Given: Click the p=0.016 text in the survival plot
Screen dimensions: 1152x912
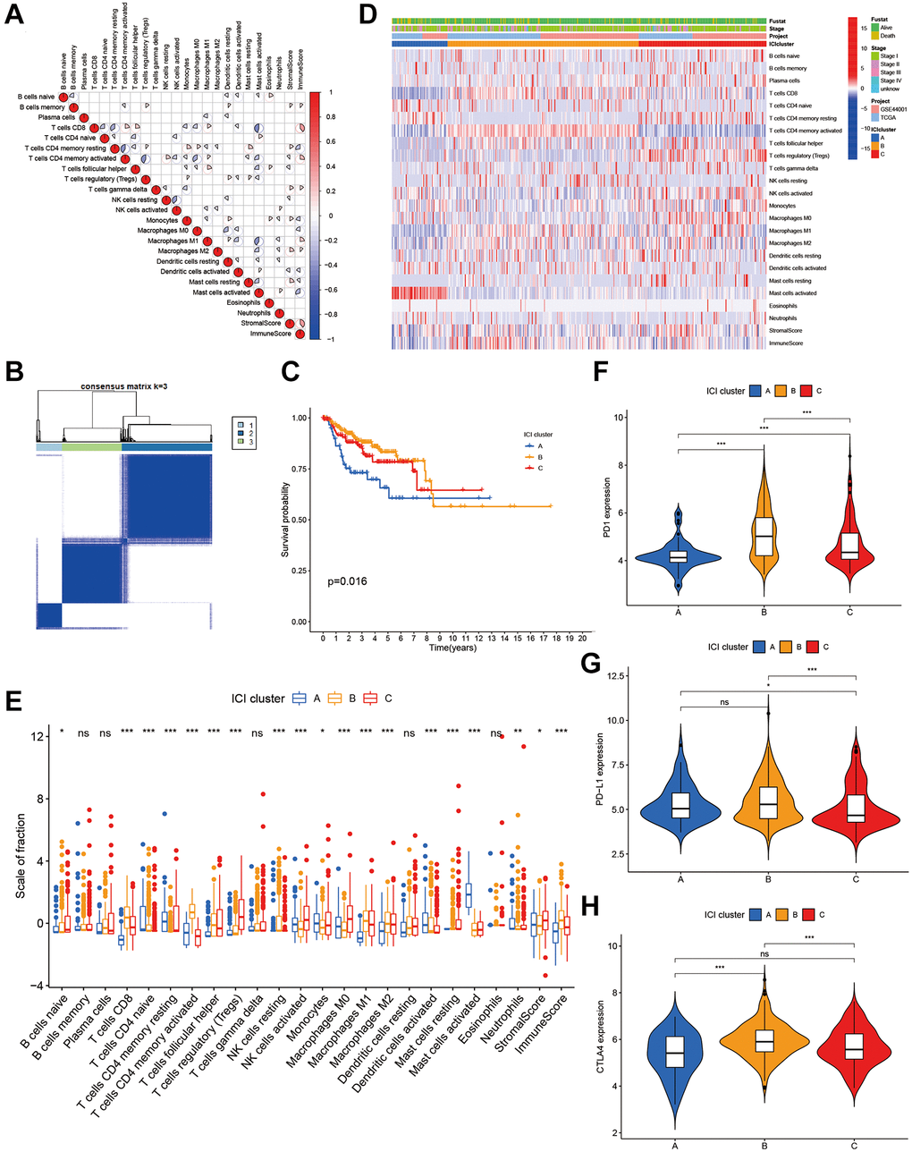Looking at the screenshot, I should (348, 581).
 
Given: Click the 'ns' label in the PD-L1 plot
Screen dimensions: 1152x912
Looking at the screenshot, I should (724, 703).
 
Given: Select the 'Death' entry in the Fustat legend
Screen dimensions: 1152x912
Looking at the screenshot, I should (887, 36).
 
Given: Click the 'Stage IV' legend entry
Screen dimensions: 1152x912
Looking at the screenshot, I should (891, 81).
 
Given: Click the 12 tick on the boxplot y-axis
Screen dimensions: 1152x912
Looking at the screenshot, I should (38, 736).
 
